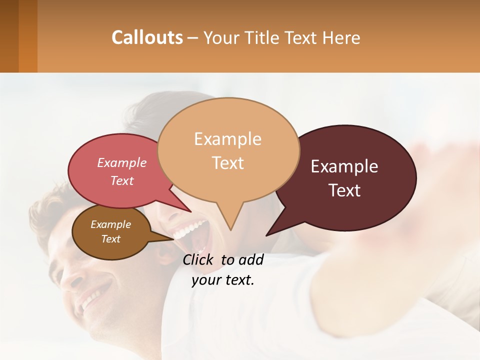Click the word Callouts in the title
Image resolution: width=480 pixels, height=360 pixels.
(147, 37)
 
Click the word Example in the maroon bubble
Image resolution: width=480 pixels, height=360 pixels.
(344, 166)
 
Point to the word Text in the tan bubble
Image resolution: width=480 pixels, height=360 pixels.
(228, 163)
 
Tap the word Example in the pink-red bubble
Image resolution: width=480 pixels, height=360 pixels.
(122, 163)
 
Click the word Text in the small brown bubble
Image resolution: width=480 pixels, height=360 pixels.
(111, 239)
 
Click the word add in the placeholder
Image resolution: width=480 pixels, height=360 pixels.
(251, 259)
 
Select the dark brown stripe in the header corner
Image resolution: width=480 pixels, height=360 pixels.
(9, 36)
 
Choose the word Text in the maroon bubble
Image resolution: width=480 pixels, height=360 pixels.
(345, 190)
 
